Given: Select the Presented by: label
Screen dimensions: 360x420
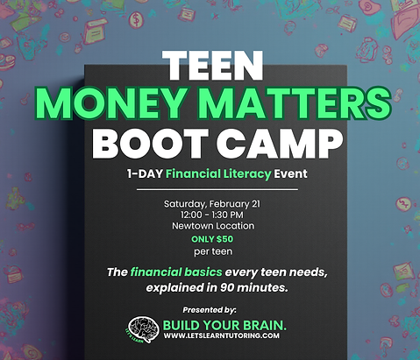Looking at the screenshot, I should click(x=210, y=309).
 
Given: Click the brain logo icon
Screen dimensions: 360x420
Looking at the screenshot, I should click(x=143, y=329).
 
